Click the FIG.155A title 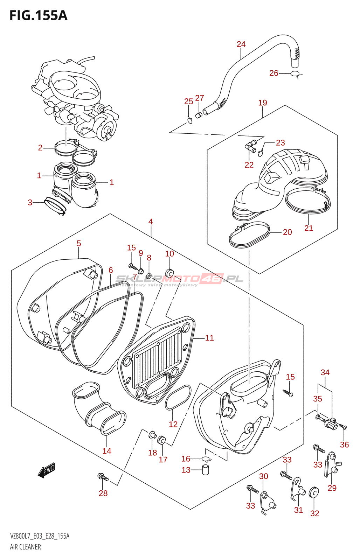(38, 15)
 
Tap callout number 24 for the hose (241, 44)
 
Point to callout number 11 (209, 338)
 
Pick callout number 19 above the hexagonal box (263, 103)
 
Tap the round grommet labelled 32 (314, 492)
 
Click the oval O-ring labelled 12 (178, 397)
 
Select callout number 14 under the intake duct (107, 451)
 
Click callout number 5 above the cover (79, 243)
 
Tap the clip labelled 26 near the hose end (296, 73)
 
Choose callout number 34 (325, 372)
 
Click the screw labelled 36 (343, 427)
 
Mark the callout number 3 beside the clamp (30, 202)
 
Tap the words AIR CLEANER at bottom (25, 547)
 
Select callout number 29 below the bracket (332, 488)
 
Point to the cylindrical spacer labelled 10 (169, 272)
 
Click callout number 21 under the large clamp (309, 228)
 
